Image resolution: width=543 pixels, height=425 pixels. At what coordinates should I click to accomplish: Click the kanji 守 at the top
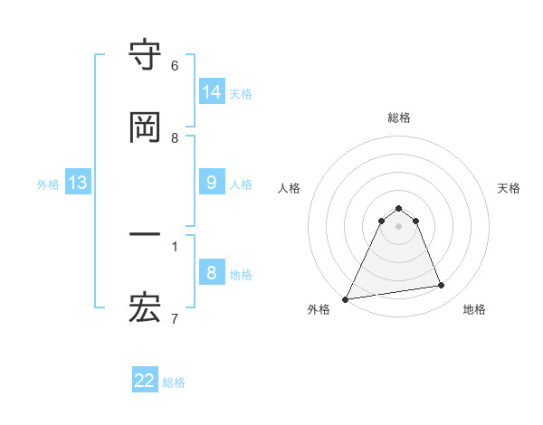click(145, 56)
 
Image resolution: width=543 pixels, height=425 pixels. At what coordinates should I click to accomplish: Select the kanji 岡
click(145, 127)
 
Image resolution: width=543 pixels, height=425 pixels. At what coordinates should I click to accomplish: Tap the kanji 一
click(145, 236)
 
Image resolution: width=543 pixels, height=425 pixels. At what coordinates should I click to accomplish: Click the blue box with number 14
click(211, 92)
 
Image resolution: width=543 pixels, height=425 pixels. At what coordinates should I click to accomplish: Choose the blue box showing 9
click(211, 183)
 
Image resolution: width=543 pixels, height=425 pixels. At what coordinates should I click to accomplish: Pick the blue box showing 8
click(211, 273)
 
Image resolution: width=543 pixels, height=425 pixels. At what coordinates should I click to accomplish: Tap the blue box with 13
click(78, 183)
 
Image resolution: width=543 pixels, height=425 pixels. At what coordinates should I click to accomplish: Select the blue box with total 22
click(145, 381)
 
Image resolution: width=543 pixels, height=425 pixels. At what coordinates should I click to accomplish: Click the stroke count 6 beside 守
click(175, 65)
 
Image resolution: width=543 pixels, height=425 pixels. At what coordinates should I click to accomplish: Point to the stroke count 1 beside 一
click(175, 245)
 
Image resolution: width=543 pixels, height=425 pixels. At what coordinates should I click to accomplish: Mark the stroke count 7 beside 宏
click(175, 317)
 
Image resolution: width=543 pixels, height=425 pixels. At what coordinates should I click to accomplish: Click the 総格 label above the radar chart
click(399, 118)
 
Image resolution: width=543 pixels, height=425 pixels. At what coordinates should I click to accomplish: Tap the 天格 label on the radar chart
click(509, 188)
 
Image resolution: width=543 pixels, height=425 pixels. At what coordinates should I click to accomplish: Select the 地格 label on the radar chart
click(474, 309)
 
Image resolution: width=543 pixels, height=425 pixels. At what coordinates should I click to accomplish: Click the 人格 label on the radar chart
click(290, 188)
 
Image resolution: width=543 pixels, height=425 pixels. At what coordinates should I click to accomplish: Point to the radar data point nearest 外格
click(346, 298)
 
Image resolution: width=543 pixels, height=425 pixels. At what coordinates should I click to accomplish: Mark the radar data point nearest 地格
click(442, 286)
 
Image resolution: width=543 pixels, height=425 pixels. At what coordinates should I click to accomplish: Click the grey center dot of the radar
click(399, 226)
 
